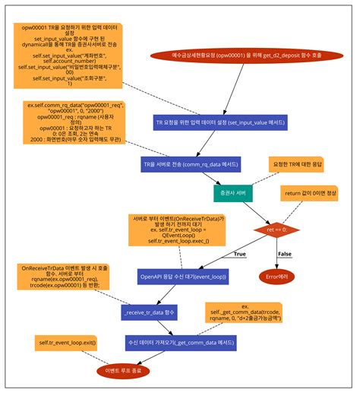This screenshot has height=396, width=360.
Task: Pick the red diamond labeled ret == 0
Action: click(275, 228)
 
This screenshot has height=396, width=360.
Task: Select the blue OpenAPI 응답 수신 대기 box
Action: click(182, 276)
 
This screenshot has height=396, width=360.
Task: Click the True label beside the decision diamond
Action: click(240, 255)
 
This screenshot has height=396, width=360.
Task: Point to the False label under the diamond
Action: click(284, 254)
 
